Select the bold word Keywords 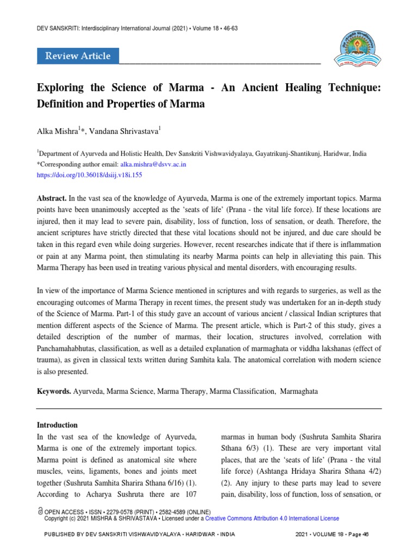click(54, 391)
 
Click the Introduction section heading click(57, 425)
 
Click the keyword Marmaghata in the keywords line click(299, 391)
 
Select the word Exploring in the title click(58, 88)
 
